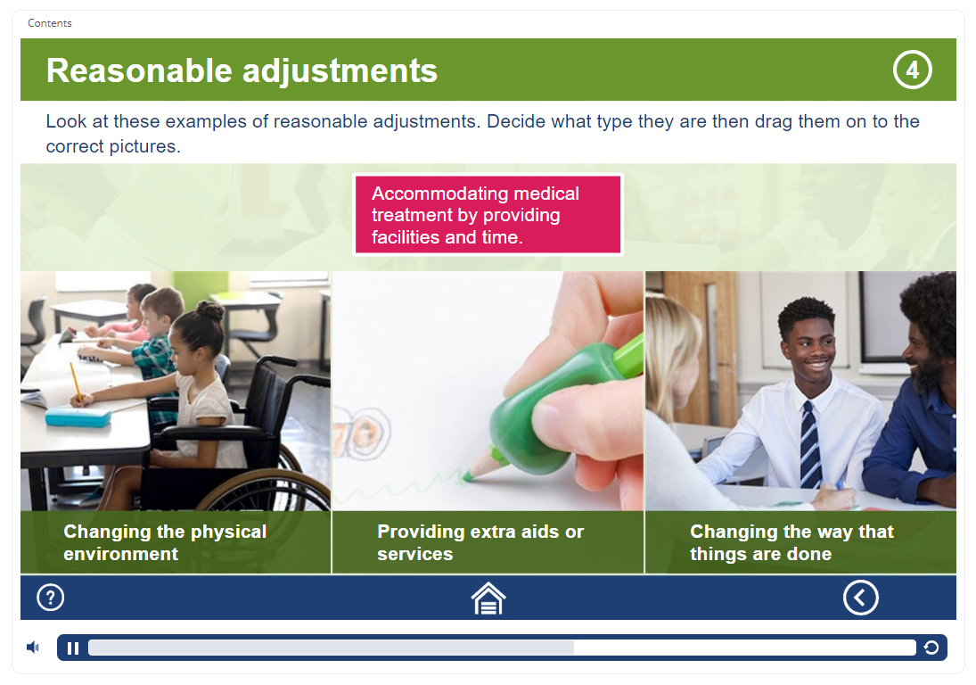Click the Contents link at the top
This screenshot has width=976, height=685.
pos(50,23)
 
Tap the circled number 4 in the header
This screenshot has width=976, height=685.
pos(912,70)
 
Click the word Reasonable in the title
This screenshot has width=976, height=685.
pos(139,70)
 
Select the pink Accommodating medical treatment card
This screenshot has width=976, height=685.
pos(488,215)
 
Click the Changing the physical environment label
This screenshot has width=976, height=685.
pos(165,542)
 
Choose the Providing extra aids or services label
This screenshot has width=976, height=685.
pos(480,542)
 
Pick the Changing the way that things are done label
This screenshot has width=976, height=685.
pos(791,542)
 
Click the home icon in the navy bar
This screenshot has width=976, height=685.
pos(488,598)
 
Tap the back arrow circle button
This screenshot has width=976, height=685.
pos(861,598)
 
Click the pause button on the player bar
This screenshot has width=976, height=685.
pos(73,648)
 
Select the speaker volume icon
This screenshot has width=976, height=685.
pos(33,648)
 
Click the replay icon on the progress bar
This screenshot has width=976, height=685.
pos(931,648)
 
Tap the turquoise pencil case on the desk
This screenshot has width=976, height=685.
pos(78,417)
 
